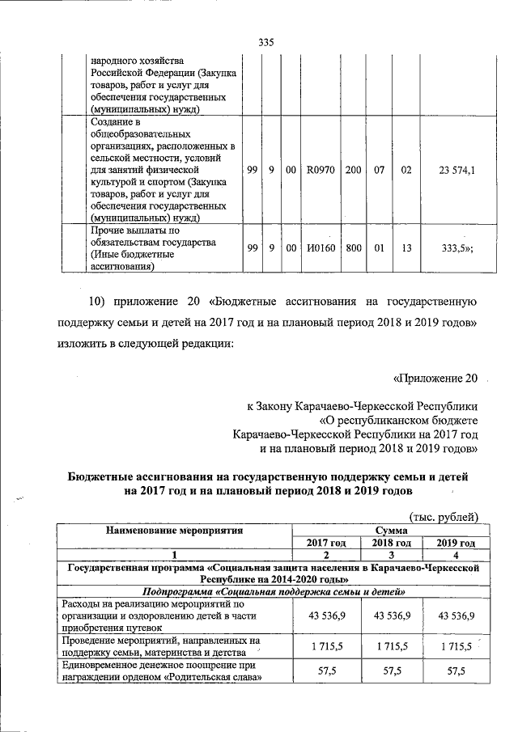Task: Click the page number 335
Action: click(267, 43)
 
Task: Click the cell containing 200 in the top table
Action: click(354, 171)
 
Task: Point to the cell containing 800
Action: click(354, 248)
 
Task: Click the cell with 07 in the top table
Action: click(379, 171)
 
